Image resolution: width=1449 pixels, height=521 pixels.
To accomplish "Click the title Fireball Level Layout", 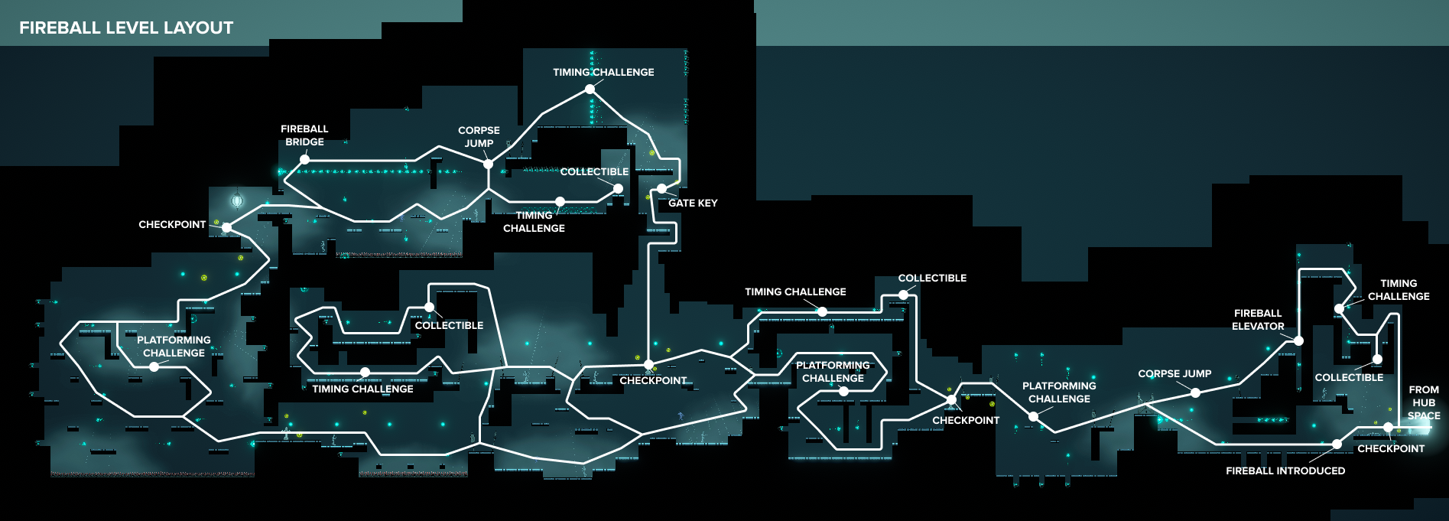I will click(126, 28).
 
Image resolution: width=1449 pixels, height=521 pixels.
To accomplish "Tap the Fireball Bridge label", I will click(304, 135).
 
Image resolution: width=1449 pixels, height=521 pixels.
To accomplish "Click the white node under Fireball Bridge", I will click(304, 159).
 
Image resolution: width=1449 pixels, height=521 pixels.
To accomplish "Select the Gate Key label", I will click(693, 203).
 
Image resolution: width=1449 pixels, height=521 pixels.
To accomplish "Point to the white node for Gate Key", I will click(661, 188).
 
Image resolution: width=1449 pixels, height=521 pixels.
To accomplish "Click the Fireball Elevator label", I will click(1258, 320).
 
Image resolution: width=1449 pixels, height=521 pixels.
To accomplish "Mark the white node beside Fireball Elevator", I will click(1298, 340).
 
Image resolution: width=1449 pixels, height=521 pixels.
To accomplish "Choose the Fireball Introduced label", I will click(1285, 471).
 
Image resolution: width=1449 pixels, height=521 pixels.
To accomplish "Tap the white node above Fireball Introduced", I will click(1337, 444).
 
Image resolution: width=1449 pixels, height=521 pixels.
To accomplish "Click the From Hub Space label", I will click(1424, 402).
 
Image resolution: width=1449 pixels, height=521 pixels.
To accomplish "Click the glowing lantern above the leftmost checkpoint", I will click(237, 200).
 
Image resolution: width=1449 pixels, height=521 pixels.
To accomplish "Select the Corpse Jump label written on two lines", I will click(479, 137).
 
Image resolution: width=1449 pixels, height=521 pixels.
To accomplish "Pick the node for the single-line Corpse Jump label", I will click(1195, 392).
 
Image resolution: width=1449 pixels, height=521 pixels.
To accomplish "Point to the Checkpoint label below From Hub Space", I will click(1391, 448).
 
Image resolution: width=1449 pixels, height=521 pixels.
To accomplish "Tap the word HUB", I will click(1424, 402).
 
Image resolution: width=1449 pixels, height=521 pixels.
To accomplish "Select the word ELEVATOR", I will click(1258, 326).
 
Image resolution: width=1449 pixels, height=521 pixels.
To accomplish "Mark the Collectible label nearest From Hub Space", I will click(1349, 377).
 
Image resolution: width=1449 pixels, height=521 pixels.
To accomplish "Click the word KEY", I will click(707, 203).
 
